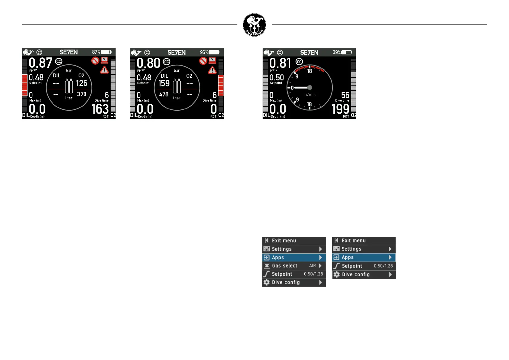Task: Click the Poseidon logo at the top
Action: (x=254, y=25)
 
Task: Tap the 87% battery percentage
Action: (x=96, y=52)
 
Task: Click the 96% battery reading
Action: (x=204, y=52)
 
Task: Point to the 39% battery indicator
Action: (x=336, y=52)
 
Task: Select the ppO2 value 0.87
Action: (x=41, y=63)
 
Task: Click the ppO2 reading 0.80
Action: (x=148, y=63)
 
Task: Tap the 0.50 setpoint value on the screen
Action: (x=277, y=78)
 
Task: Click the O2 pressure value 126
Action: (x=82, y=83)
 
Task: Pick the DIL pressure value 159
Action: (x=164, y=83)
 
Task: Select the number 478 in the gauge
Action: (x=164, y=94)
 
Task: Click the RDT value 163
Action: (x=100, y=109)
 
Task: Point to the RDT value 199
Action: (x=340, y=109)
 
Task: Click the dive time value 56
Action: (x=345, y=95)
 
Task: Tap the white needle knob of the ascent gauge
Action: (x=310, y=88)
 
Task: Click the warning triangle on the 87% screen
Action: (x=105, y=70)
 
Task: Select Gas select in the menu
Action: (x=284, y=266)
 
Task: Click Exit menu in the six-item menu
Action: (x=284, y=241)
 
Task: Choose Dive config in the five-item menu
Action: (x=356, y=274)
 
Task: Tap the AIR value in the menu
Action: (x=313, y=266)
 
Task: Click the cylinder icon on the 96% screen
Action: (x=177, y=86)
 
